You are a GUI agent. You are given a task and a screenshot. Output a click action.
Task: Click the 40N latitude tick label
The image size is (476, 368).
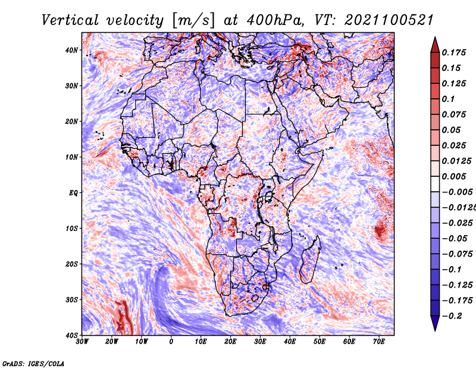pyautogui.click(x=71, y=50)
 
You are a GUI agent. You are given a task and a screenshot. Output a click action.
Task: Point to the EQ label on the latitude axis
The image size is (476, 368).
pyautogui.click(x=73, y=192)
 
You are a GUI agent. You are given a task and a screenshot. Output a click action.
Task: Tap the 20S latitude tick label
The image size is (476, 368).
pyautogui.click(x=71, y=264)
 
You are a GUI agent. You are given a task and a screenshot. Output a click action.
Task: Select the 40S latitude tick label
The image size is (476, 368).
pyautogui.click(x=71, y=335)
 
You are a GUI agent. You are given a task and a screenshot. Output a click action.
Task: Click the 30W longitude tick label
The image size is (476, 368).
pyautogui.click(x=82, y=342)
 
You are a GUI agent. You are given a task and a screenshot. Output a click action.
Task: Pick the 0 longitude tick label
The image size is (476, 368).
pyautogui.click(x=171, y=342)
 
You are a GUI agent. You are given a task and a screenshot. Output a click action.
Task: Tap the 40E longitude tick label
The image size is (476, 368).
pyautogui.click(x=290, y=342)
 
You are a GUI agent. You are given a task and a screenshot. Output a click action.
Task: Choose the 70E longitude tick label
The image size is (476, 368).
pyautogui.click(x=379, y=342)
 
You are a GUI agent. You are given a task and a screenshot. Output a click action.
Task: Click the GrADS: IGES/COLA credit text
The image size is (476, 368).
pyautogui.click(x=33, y=363)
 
